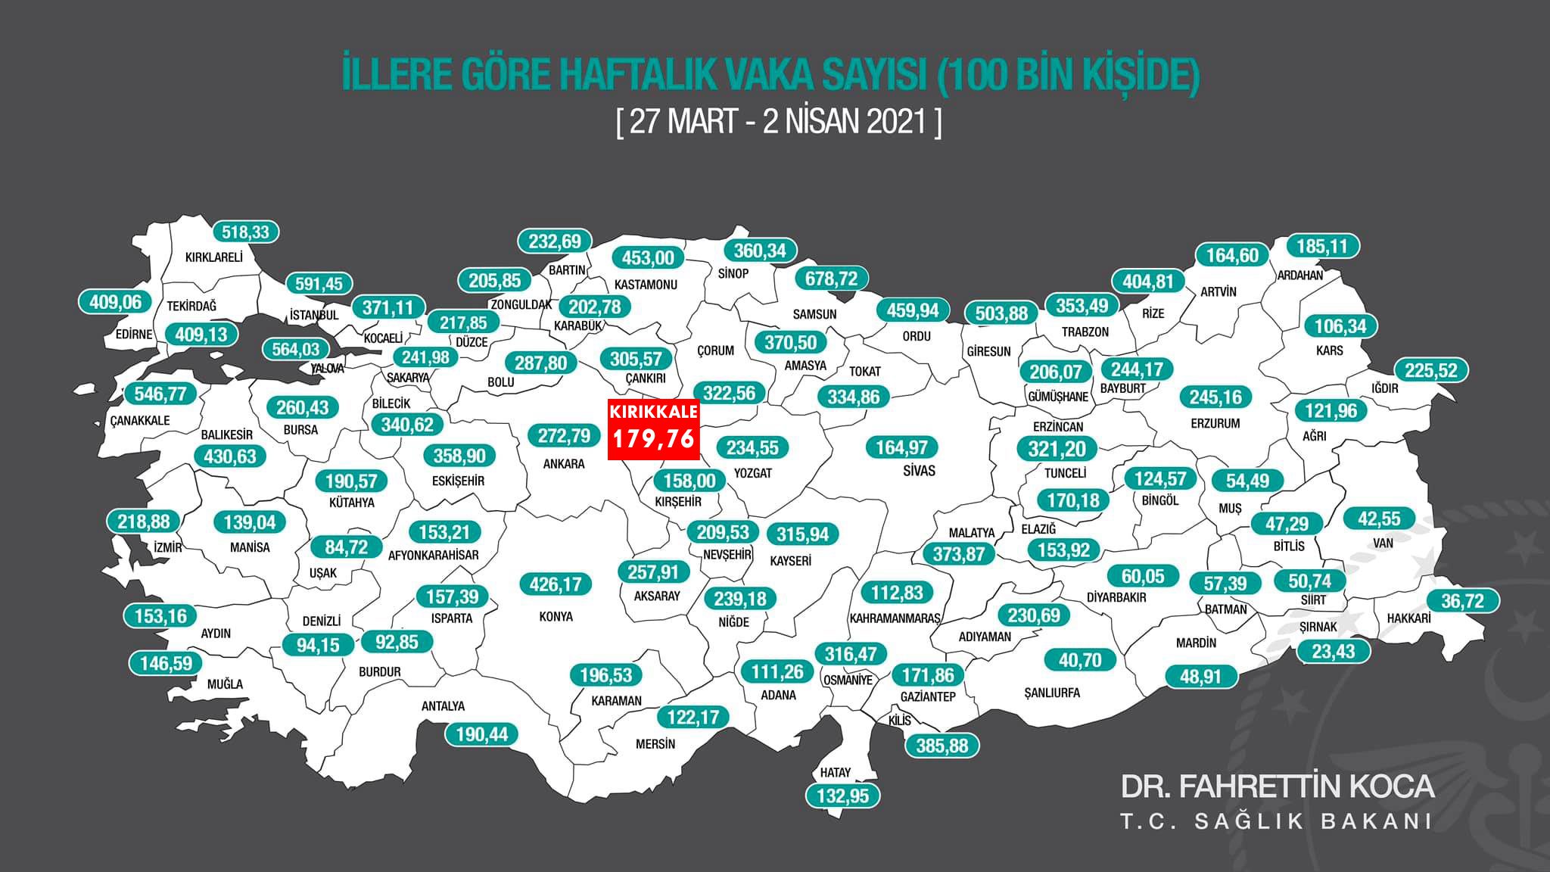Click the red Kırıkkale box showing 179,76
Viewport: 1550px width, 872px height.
point(654,431)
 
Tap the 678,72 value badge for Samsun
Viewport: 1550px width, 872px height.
point(831,279)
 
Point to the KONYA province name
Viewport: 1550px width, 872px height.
point(556,616)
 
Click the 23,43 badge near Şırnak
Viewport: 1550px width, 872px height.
point(1334,651)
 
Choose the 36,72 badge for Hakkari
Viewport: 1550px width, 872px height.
point(1462,601)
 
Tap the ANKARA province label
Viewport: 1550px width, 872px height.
point(564,463)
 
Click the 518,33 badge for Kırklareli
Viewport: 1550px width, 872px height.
point(246,232)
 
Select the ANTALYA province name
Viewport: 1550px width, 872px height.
point(443,706)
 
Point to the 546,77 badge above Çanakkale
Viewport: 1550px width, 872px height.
point(160,394)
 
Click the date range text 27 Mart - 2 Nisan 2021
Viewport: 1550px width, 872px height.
point(779,122)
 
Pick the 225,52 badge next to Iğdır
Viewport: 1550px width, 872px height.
point(1430,370)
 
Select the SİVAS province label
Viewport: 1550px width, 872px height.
point(919,471)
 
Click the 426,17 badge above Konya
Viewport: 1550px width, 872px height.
point(556,584)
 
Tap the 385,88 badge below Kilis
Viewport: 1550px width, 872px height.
point(942,746)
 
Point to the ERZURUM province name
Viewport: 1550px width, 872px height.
point(1215,424)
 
